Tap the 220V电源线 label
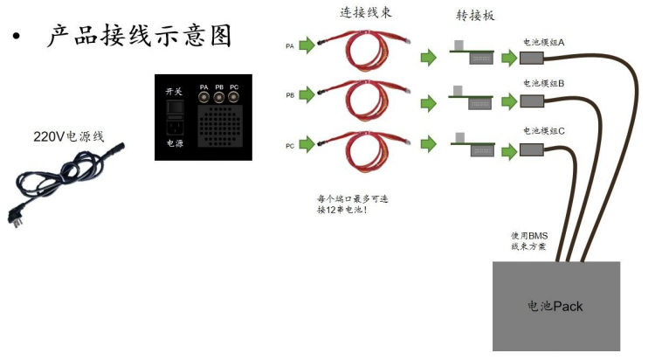(x=69, y=136)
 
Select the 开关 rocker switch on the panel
(x=176, y=107)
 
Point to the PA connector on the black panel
(x=204, y=98)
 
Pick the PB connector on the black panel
(x=218, y=98)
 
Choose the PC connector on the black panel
(x=233, y=98)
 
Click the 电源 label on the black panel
(x=175, y=143)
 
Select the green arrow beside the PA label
(x=307, y=45)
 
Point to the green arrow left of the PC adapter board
(x=429, y=144)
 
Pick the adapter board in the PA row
(x=472, y=55)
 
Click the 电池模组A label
(x=543, y=42)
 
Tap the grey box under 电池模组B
(x=532, y=101)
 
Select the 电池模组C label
(x=543, y=131)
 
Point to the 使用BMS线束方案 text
(x=528, y=241)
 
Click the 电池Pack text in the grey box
(x=555, y=307)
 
